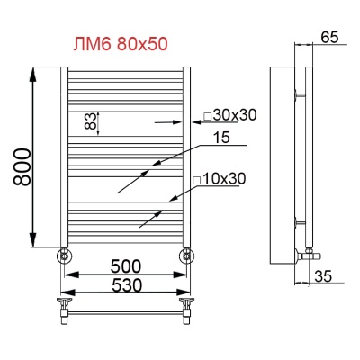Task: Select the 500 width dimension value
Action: click(x=125, y=266)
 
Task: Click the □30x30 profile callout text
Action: click(x=229, y=115)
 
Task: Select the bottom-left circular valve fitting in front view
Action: click(x=65, y=255)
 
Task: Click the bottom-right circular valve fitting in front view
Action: click(x=186, y=255)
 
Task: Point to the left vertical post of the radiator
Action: click(x=64, y=157)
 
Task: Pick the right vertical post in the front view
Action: click(x=186, y=157)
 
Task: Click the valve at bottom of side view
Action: click(x=309, y=252)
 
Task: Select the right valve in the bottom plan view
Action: click(x=186, y=311)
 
